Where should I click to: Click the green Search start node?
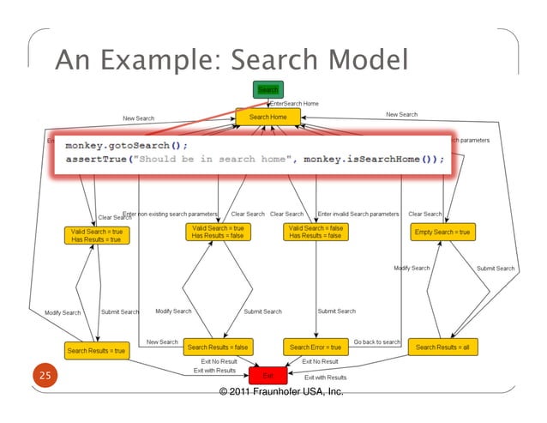pyautogui.click(x=267, y=89)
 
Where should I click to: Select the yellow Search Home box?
pyautogui.click(x=268, y=117)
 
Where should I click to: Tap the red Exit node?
pyautogui.click(x=267, y=375)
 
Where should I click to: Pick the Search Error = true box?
pyautogui.click(x=315, y=347)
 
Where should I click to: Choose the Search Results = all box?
pyautogui.click(x=443, y=347)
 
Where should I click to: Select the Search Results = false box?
pyautogui.click(x=218, y=347)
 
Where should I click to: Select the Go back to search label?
pyautogui.click(x=376, y=341)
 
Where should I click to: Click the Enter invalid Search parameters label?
pyautogui.click(x=358, y=214)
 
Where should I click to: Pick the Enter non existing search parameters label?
pyautogui.click(x=171, y=214)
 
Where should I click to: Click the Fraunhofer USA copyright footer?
pyautogui.click(x=281, y=392)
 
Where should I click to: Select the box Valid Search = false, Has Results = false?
pyautogui.click(x=315, y=233)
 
